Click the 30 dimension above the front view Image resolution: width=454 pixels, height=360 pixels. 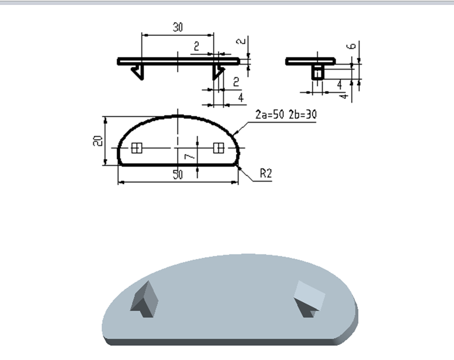click(177, 27)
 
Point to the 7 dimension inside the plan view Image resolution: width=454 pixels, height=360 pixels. click(189, 157)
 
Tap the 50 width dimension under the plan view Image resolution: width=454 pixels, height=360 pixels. click(177, 175)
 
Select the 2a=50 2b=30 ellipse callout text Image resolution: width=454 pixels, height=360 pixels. click(285, 115)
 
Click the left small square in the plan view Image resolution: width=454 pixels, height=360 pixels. click(137, 147)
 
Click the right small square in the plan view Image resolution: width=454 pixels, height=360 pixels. click(218, 147)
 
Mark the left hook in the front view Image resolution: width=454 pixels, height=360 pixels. click(139, 71)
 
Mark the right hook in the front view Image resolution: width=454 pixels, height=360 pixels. click(219, 70)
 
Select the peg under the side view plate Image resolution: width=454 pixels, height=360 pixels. click(317, 72)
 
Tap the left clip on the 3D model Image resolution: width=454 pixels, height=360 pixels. click(145, 299)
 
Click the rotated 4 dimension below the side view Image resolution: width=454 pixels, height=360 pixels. click(344, 96)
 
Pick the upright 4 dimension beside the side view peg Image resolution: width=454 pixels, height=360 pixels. click(339, 84)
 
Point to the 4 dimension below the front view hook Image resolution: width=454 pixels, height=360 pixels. click(241, 98)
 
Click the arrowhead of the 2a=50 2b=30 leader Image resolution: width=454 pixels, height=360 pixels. click(235, 133)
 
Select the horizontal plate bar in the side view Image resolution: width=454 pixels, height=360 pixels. click(311, 61)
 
